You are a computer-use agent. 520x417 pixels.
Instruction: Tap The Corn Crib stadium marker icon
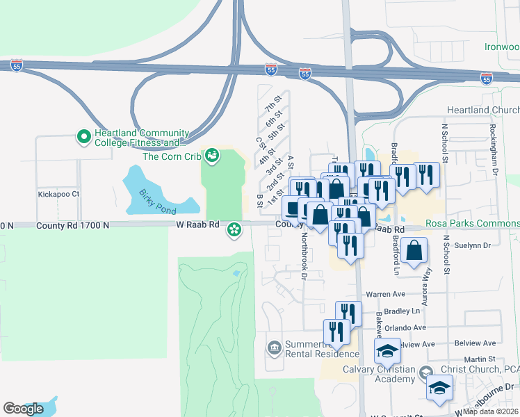coord(212,156)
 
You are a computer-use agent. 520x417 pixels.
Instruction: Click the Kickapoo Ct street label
coord(60,194)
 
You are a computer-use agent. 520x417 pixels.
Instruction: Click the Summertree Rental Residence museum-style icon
coord(275,347)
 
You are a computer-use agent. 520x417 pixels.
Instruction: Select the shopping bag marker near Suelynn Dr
coord(414,252)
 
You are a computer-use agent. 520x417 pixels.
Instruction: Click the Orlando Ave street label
coord(405,327)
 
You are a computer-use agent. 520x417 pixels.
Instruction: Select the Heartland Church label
coord(483,111)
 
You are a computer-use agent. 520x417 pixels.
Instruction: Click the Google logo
coord(24,409)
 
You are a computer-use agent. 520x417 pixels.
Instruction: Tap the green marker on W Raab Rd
coord(235,228)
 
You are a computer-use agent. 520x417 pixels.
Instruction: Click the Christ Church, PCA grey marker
coord(423,375)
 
